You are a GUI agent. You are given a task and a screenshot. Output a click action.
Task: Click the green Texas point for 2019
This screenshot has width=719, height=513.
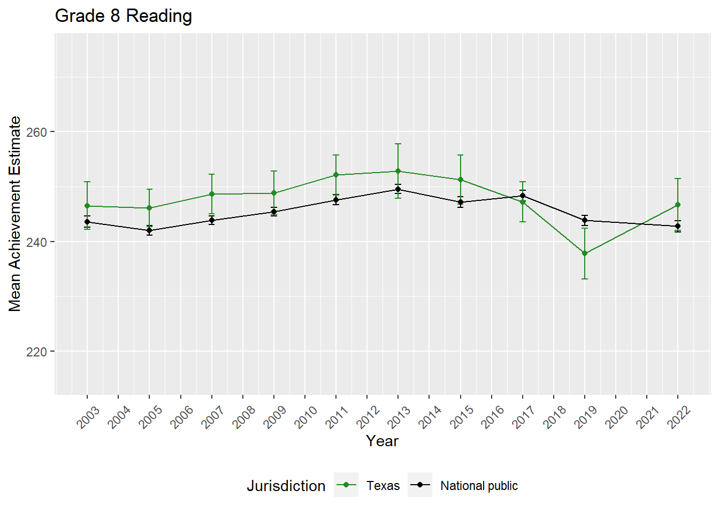(x=585, y=253)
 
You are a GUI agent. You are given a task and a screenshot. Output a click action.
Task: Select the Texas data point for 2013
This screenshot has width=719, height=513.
(x=398, y=172)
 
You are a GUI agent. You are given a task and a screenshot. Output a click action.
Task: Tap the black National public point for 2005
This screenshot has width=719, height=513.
(x=149, y=231)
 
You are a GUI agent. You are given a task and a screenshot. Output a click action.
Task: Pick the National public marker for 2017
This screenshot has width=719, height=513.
(x=523, y=196)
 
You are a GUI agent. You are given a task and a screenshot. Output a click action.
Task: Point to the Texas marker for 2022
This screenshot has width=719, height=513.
(x=678, y=205)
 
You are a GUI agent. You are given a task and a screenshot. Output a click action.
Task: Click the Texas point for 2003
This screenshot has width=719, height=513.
(x=87, y=206)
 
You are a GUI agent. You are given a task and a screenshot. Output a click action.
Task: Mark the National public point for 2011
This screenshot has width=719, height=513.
(x=336, y=200)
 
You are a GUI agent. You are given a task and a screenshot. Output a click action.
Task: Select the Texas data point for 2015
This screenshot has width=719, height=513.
(x=460, y=180)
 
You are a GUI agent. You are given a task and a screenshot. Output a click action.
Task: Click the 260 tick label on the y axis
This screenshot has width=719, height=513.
(x=36, y=132)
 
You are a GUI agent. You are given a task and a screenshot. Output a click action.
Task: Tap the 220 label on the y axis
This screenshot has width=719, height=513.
(x=36, y=352)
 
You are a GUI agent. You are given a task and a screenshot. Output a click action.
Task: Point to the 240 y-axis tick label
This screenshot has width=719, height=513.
(x=36, y=242)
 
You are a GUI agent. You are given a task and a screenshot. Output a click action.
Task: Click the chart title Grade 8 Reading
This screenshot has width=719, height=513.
(x=124, y=16)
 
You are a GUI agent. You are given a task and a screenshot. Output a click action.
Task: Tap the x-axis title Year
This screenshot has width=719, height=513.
(x=382, y=441)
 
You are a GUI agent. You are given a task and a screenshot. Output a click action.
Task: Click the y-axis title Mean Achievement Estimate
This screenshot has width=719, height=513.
(x=15, y=214)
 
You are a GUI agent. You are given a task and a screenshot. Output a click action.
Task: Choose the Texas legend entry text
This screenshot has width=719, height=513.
(x=383, y=486)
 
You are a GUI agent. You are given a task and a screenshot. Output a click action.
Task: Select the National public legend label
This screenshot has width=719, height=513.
(x=479, y=486)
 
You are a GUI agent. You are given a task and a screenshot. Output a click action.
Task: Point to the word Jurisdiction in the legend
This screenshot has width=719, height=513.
(x=286, y=486)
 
